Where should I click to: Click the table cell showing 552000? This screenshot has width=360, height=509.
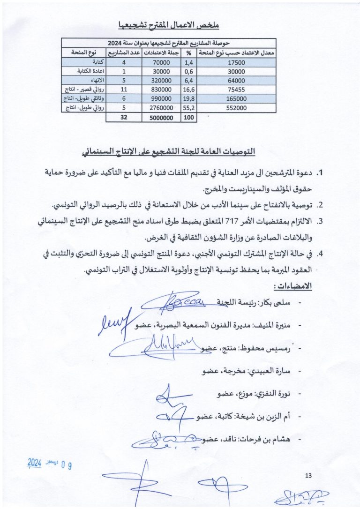point(236,108)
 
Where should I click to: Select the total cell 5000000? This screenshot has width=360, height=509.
point(161,118)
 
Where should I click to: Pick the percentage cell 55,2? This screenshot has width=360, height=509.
point(189,108)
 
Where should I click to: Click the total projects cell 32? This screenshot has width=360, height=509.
point(124,118)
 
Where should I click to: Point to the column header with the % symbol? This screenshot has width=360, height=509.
point(189,52)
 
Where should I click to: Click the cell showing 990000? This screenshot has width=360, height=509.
point(161,98)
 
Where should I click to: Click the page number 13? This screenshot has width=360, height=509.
point(308,476)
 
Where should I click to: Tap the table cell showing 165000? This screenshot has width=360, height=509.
point(236,98)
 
